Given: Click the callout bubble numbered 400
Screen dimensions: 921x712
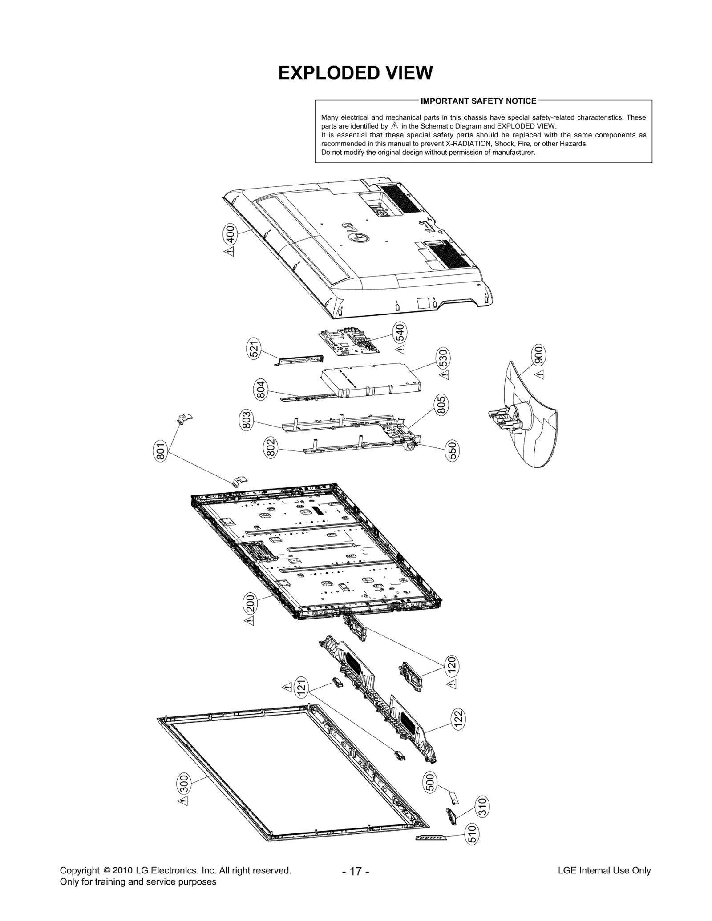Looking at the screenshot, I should pos(230,234).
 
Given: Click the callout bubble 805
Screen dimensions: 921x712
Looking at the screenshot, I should pos(441,405).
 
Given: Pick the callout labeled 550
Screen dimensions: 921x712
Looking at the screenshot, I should pos(452,451).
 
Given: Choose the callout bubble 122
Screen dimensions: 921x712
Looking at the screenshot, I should pos(458,720).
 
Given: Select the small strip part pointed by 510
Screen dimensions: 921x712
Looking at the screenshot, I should pos(430,838).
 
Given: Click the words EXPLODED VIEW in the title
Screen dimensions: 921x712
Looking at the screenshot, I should pos(355,73).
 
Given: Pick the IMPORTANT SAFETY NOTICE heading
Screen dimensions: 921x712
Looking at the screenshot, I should pos(478,101).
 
